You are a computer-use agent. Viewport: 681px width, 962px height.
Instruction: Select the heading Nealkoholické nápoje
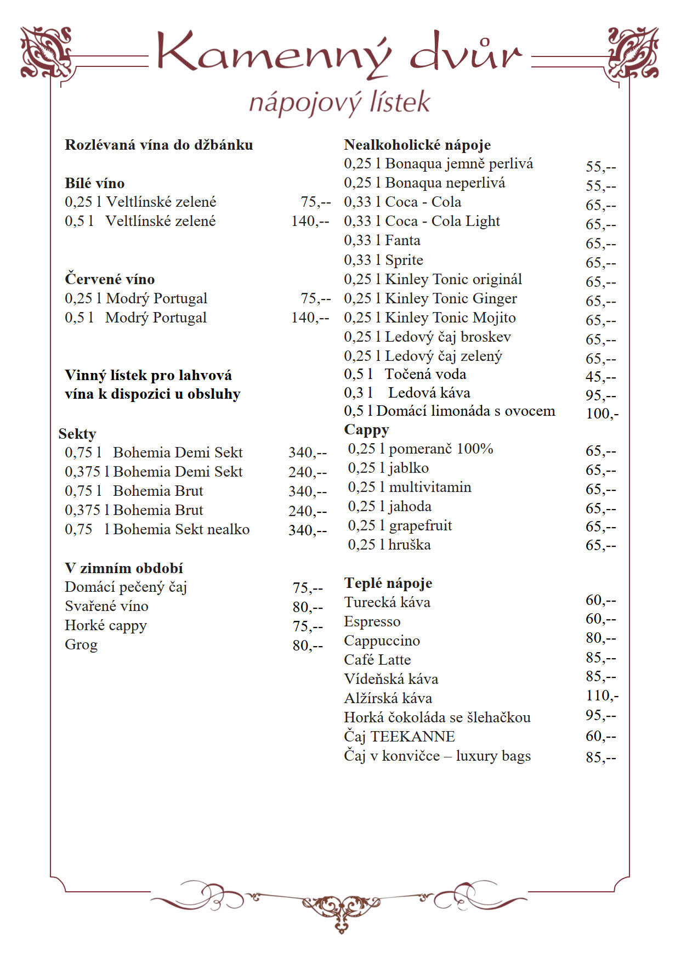click(417, 145)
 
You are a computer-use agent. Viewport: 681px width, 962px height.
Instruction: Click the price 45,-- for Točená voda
click(600, 377)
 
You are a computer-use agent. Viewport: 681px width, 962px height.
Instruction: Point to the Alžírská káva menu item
click(388, 698)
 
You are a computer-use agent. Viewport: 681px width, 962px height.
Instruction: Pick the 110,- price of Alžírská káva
click(602, 695)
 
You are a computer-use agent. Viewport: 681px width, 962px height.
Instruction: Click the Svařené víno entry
click(106, 606)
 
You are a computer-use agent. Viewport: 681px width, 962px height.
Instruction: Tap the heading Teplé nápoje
click(388, 582)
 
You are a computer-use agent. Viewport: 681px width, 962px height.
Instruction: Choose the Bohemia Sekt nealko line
click(157, 529)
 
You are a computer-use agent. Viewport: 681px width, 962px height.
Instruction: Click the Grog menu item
click(81, 644)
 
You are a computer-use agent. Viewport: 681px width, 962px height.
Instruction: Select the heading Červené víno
click(110, 279)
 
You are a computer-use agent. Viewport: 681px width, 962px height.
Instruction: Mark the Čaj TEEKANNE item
click(399, 736)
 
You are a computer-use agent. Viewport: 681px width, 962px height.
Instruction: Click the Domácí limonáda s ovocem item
click(449, 411)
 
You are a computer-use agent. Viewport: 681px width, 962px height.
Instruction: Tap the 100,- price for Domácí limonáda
click(602, 413)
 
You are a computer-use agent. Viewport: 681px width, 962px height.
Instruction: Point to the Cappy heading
click(366, 429)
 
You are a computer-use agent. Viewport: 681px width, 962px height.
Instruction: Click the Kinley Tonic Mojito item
click(429, 318)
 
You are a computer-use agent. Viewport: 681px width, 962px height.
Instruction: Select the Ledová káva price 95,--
click(600, 395)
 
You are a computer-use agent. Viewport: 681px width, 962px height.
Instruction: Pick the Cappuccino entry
click(382, 641)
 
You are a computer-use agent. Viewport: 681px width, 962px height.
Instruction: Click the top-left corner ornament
click(46, 52)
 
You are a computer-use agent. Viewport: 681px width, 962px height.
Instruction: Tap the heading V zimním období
click(123, 568)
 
